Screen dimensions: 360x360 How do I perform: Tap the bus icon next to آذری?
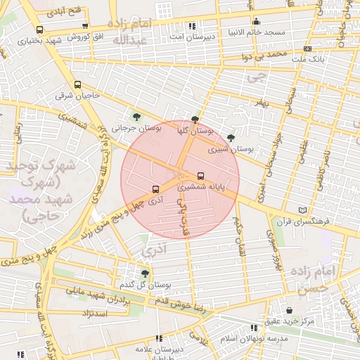coord(155,188)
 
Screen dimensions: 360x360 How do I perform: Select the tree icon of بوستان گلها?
coord(195,120)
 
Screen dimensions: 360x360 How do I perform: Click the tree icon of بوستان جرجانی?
coord(136,117)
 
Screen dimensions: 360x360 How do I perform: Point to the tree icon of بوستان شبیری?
coord(231,138)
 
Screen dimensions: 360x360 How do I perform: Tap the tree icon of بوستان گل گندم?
coord(145,273)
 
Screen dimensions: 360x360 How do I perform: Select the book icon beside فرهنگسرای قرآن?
coord(303,210)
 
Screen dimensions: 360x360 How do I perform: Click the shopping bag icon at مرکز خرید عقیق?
coord(290,310)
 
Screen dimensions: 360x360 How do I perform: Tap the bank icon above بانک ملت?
coord(307,49)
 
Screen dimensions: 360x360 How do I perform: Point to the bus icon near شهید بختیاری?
coord(39,30)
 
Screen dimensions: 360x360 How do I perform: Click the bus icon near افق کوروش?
coord(85,25)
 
